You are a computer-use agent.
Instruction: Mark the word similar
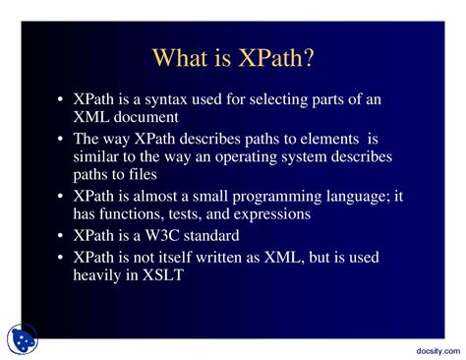click(99, 157)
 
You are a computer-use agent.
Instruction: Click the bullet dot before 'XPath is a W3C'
click(61, 237)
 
